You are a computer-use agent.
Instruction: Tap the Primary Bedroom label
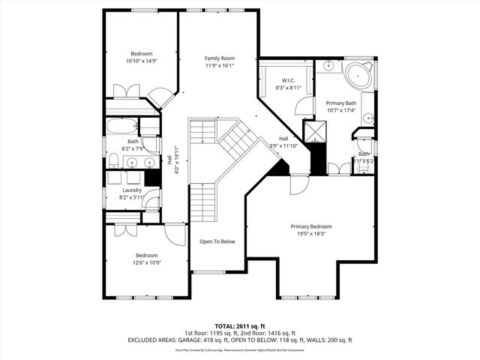pyautogui.click(x=311, y=226)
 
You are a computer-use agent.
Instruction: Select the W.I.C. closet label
pyautogui.click(x=288, y=80)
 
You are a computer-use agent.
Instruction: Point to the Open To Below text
pyautogui.click(x=217, y=241)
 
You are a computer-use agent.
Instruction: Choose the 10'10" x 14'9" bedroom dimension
pyautogui.click(x=142, y=61)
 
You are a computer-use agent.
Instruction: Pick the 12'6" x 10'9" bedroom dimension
pyautogui.click(x=145, y=262)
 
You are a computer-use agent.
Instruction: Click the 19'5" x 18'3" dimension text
pyautogui.click(x=311, y=233)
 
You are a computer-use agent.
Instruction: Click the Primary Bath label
pyautogui.click(x=341, y=103)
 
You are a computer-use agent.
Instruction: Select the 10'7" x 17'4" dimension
pyautogui.click(x=341, y=110)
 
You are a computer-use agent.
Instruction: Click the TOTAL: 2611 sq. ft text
pyautogui.click(x=238, y=325)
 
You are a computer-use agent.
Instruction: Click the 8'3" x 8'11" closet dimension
pyautogui.click(x=289, y=88)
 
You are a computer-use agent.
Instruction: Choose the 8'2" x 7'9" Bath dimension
pyautogui.click(x=133, y=148)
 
